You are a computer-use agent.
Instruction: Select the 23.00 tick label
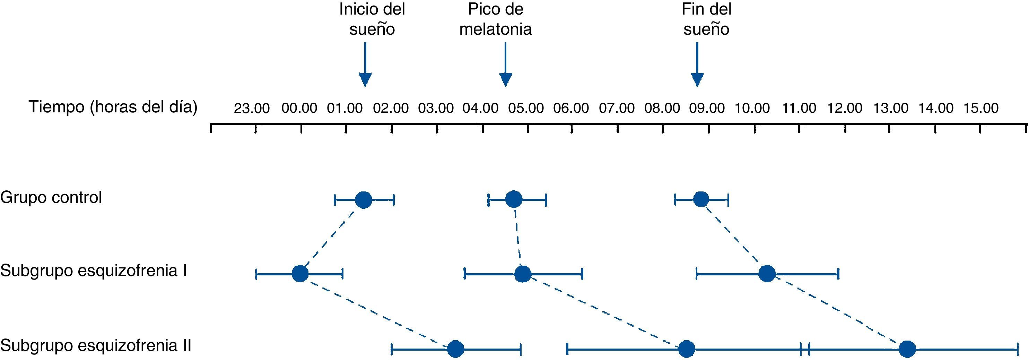(252, 108)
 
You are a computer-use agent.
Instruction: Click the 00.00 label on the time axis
(299, 108)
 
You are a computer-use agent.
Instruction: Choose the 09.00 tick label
(707, 108)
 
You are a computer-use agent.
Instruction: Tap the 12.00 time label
(845, 108)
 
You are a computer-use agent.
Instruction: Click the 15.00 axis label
(981, 108)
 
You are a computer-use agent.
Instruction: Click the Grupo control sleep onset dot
(364, 200)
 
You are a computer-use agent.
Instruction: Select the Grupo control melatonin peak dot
(514, 199)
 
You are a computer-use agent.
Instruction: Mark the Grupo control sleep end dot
(701, 199)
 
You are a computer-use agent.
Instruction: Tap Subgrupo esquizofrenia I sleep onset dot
(300, 274)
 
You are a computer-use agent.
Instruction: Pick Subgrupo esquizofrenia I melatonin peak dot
(523, 274)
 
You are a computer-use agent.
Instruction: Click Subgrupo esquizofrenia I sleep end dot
(767, 274)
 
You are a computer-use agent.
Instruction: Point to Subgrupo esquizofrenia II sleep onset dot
(455, 349)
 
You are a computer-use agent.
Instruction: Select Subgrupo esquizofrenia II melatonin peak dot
(686, 349)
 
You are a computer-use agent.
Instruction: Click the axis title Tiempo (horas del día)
(113, 107)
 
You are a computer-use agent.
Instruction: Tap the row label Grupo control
(51, 197)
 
